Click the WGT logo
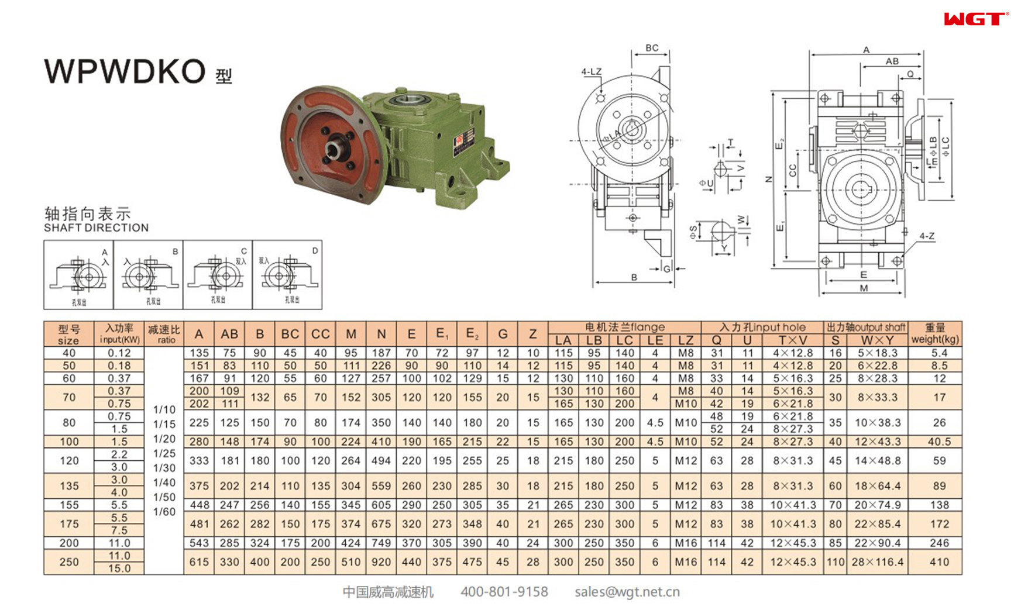[975, 19]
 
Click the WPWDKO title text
[125, 71]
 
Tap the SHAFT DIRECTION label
[96, 228]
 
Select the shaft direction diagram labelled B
[148, 274]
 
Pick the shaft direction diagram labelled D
[287, 274]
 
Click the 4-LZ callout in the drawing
[591, 72]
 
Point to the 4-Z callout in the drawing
[926, 236]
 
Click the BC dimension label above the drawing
[652, 48]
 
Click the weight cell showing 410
[939, 562]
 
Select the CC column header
[320, 334]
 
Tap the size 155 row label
[69, 505]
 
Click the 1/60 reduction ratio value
[164, 512]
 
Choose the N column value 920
[381, 562]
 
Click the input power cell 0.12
[119, 353]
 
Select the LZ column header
[685, 340]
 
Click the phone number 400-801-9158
[504, 592]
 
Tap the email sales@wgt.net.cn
[627, 592]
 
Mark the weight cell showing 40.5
[939, 442]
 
